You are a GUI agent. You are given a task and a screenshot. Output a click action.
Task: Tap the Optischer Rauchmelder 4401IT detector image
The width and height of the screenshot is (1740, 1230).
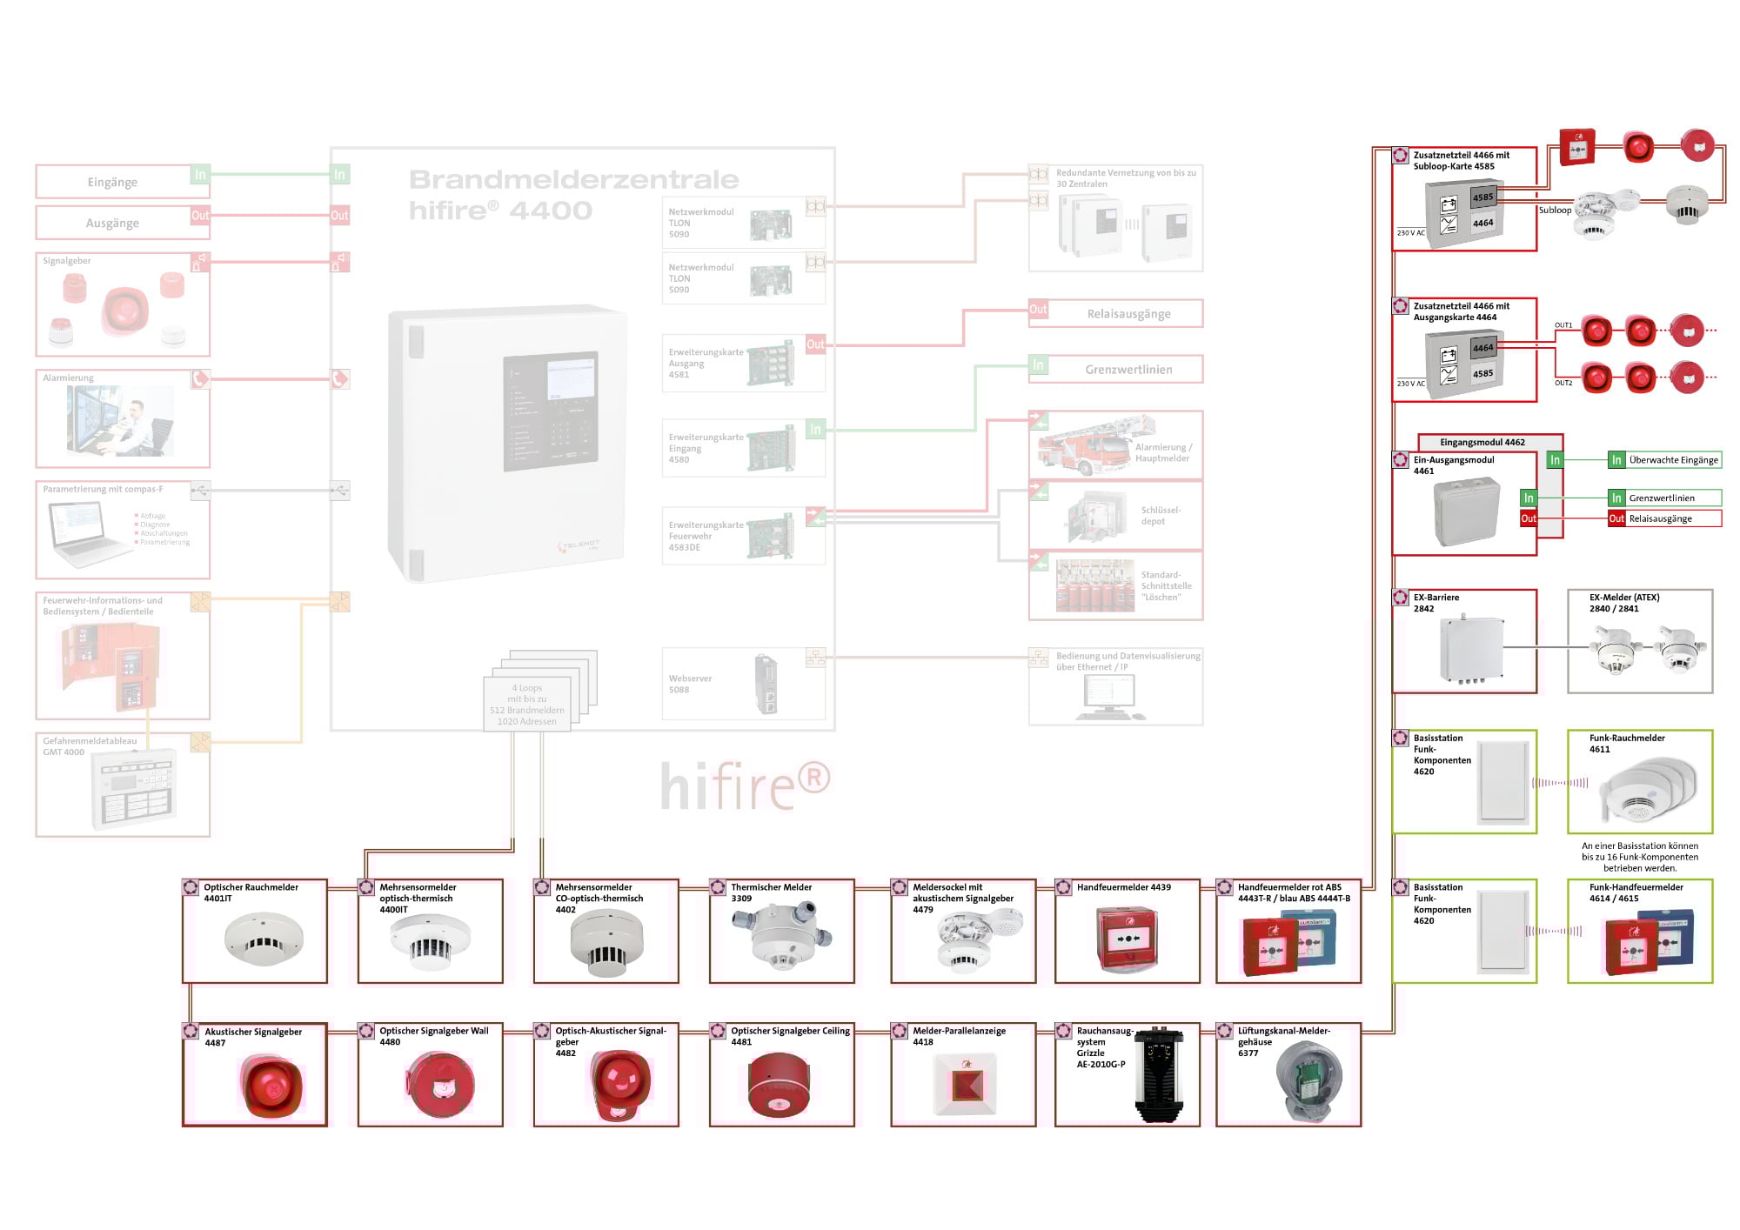click(x=263, y=938)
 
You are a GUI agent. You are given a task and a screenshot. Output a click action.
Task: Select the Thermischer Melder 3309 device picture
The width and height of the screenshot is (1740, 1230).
click(x=781, y=936)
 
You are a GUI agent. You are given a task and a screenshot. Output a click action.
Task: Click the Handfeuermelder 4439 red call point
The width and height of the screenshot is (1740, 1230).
click(x=1128, y=939)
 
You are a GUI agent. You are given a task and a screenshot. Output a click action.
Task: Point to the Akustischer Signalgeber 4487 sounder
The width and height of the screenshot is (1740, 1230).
click(x=271, y=1085)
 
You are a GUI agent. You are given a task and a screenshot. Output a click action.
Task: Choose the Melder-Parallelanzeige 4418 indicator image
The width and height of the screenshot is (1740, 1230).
click(x=963, y=1084)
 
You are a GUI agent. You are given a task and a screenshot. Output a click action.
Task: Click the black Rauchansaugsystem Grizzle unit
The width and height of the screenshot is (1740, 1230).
click(x=1160, y=1076)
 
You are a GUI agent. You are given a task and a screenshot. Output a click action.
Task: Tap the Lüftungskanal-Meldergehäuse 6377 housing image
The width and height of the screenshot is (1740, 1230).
click(x=1310, y=1082)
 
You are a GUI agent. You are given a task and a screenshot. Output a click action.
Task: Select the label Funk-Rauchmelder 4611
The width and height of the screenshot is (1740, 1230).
click(x=1626, y=744)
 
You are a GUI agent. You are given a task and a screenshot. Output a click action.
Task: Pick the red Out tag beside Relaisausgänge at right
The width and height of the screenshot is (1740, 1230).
click(x=1616, y=518)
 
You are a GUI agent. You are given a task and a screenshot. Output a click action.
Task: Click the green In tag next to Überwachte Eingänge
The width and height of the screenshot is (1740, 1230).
click(x=1616, y=460)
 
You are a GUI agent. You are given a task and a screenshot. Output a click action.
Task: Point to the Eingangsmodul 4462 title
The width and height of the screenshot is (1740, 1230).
click(x=1482, y=442)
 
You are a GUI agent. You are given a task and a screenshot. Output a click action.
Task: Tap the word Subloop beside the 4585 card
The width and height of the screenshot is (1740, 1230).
click(x=1555, y=210)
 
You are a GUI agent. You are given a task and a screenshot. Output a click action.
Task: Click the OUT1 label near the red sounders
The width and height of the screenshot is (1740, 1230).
click(x=1563, y=325)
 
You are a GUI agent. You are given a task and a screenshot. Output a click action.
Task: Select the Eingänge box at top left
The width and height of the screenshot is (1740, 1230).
click(x=112, y=182)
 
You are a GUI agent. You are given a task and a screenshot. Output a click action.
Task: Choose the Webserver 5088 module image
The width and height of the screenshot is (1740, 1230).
click(x=766, y=684)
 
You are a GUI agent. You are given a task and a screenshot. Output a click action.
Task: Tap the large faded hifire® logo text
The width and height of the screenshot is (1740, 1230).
click(x=745, y=785)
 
